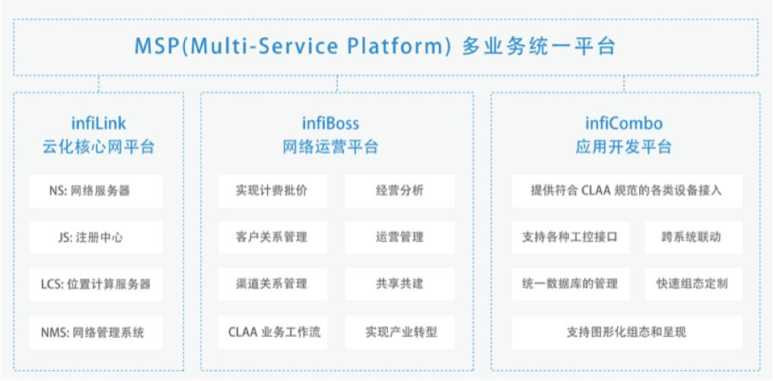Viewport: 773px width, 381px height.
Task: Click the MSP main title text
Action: pos(375,46)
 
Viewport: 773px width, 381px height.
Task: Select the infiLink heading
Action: pos(99,122)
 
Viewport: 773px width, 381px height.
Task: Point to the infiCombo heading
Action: pos(624,122)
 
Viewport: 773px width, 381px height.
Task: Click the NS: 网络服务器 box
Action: pos(96,191)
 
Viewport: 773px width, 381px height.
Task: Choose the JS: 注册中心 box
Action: pos(96,237)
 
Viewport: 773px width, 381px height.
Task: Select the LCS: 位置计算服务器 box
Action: pos(96,284)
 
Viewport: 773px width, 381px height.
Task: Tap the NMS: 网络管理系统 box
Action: pos(96,332)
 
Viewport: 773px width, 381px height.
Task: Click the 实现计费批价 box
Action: pos(272,191)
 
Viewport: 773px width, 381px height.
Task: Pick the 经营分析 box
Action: pos(399,191)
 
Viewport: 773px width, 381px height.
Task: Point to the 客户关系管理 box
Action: pos(272,237)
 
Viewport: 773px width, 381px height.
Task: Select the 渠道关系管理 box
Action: pos(272,284)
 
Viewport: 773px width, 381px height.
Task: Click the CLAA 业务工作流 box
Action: pos(272,332)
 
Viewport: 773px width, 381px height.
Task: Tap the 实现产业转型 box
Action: pos(399,332)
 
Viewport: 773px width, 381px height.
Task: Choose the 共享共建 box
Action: pos(399,284)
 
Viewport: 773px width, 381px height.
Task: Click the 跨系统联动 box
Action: pos(693,237)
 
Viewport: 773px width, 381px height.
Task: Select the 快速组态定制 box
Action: pos(693,284)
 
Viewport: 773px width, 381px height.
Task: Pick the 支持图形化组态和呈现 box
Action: pos(627,332)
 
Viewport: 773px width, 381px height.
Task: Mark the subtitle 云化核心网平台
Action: pos(99,147)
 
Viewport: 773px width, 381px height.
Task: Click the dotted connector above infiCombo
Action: pos(624,84)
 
